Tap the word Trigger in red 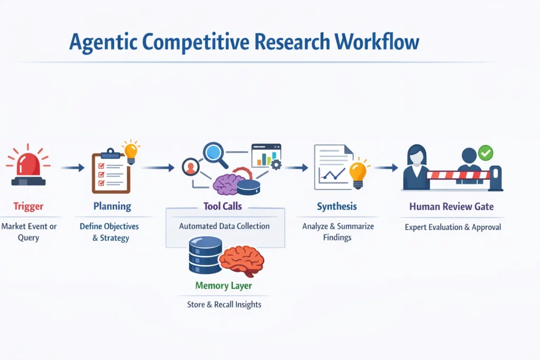tap(28, 206)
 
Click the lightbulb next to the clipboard tap(130, 152)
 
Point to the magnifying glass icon tap(215, 153)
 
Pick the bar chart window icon tap(266, 155)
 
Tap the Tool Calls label tap(223, 206)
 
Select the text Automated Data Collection tap(224, 226)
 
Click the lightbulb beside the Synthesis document tap(358, 172)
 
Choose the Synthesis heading tap(336, 206)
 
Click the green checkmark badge tap(485, 153)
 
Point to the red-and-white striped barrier tap(457, 175)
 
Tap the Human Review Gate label tap(451, 206)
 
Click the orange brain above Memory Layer tap(242, 261)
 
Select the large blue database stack tap(205, 255)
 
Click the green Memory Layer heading tap(224, 286)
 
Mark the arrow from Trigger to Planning tap(72, 168)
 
